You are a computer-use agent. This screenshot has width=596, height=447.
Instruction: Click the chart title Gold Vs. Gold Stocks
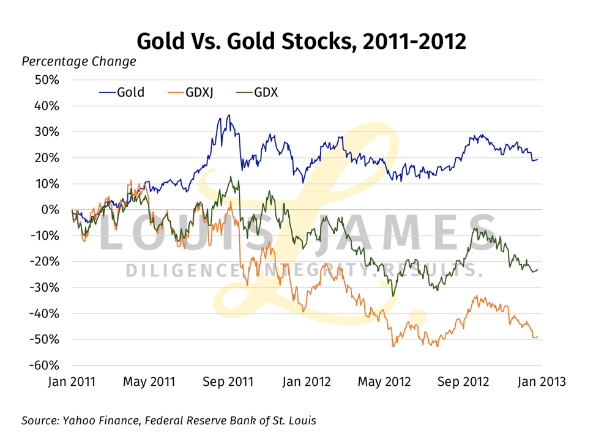(301, 41)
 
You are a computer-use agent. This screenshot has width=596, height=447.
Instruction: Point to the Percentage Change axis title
(79, 62)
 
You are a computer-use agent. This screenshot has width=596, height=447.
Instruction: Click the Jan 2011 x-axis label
(72, 382)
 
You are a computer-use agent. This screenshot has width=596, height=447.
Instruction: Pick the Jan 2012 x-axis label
(306, 382)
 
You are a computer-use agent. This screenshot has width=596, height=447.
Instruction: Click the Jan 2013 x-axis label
(541, 382)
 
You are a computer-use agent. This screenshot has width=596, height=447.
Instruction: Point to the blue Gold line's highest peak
(229, 115)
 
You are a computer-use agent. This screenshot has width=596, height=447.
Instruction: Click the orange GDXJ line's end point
(538, 337)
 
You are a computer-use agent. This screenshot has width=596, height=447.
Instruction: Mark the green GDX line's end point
(538, 270)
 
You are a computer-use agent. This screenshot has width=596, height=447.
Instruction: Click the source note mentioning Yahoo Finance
(169, 421)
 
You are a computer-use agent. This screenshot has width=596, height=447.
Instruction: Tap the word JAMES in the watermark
(416, 235)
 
